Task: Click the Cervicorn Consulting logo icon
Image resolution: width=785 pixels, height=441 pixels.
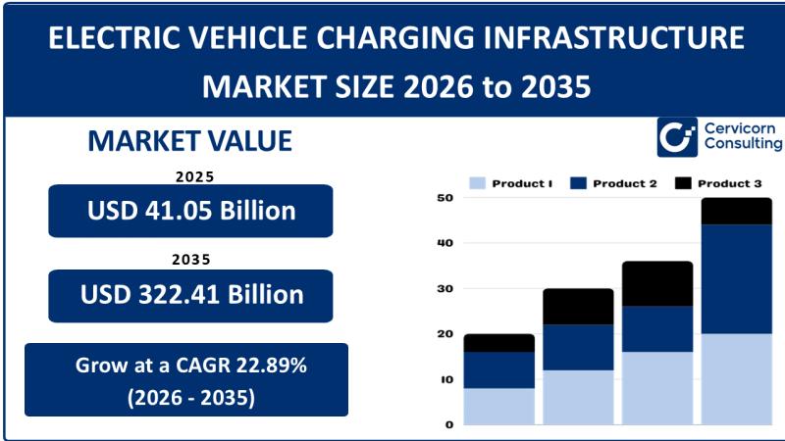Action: coord(677,137)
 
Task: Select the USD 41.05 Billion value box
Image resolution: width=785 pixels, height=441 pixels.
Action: coord(190,211)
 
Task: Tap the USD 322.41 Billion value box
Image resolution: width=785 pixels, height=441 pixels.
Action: coord(190,295)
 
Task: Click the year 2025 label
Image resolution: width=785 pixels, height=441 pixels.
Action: coord(193,177)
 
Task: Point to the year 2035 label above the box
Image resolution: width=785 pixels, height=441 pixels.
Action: coord(193,261)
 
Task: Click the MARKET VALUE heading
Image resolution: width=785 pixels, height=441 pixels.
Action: coord(189,141)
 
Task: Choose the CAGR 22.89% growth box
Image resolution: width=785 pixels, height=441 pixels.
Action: coord(186,379)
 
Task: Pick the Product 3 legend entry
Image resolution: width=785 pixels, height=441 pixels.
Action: coord(716,183)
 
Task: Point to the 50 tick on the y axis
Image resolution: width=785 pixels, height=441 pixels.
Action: coord(445,198)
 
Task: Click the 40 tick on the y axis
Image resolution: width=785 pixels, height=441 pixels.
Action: coord(445,243)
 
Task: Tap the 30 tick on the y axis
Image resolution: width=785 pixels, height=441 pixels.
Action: coord(445,289)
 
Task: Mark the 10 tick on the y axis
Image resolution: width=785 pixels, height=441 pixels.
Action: coord(445,379)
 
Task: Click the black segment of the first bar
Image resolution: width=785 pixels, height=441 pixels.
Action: coord(498,343)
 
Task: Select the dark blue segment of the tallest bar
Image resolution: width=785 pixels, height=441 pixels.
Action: coord(736,278)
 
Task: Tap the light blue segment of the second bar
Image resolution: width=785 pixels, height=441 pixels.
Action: coord(578,397)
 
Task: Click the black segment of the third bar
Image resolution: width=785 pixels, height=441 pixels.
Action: coord(656,283)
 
